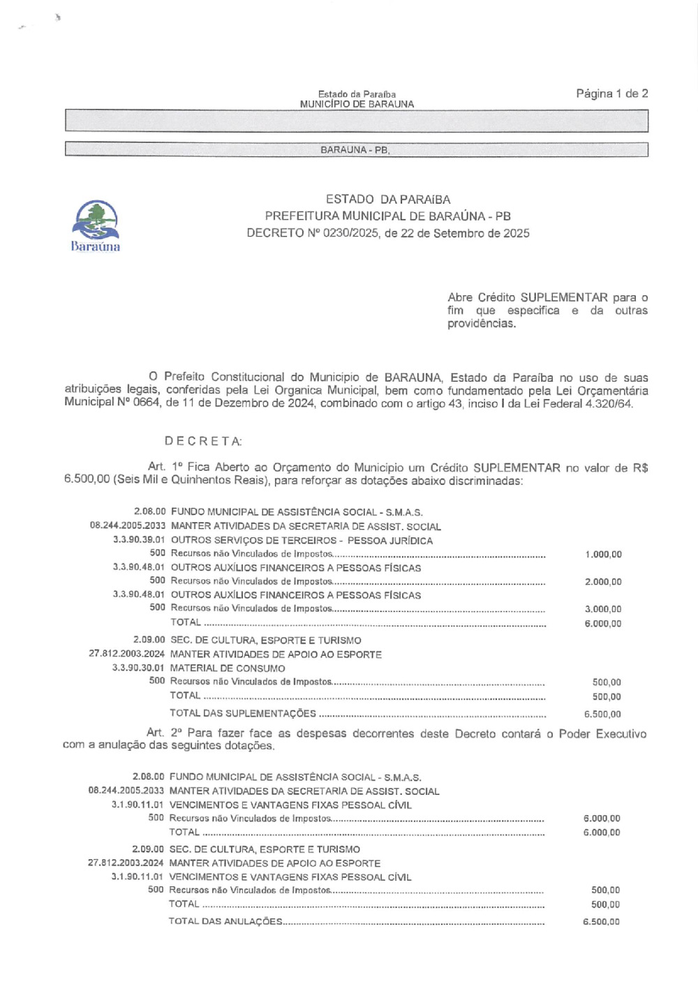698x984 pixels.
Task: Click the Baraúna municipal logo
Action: [96, 225]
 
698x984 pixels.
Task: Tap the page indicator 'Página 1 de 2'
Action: [611, 94]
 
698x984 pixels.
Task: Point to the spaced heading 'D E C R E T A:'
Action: [203, 441]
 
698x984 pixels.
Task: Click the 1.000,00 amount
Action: [603, 555]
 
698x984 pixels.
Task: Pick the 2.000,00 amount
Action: [603, 582]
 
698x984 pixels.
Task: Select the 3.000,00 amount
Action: [603, 609]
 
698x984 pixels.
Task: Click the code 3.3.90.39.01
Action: [139, 540]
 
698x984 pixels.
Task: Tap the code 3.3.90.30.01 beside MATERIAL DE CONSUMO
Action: [138, 668]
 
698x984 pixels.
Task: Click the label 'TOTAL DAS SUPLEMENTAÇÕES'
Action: [243, 713]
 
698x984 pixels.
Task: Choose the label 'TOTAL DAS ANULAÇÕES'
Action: [225, 921]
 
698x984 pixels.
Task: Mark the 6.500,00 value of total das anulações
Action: [601, 922]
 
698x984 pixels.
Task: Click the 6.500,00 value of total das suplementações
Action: [602, 714]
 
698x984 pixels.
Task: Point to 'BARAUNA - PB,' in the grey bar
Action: [355, 150]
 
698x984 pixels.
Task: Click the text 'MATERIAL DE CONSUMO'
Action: [228, 668]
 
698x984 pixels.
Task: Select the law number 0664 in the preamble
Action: [147, 403]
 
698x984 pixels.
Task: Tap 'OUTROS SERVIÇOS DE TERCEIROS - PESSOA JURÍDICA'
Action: [302, 540]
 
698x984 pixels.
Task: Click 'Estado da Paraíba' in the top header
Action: [357, 94]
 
